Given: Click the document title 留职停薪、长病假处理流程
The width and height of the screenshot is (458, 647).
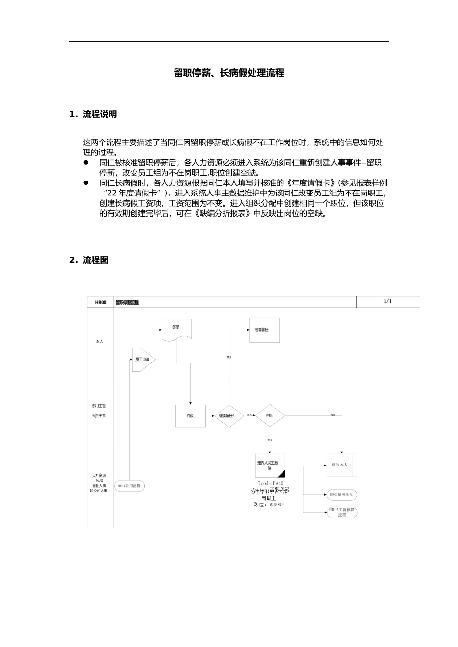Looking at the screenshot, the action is tap(229, 73).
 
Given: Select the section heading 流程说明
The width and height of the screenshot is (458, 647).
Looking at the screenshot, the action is tap(99, 115).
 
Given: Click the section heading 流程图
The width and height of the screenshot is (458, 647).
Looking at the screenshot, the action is tap(95, 260).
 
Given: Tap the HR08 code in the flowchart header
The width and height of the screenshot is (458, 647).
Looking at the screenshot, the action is tap(100, 302).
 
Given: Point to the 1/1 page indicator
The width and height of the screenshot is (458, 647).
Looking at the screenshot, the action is tap(388, 301).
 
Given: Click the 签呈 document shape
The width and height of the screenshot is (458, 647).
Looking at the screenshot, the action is tap(176, 329).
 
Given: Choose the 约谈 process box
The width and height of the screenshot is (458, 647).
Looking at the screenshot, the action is tap(190, 416).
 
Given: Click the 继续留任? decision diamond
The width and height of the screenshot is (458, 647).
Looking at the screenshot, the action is tap(229, 416).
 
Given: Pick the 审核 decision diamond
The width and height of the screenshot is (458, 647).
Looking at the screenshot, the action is tap(270, 415).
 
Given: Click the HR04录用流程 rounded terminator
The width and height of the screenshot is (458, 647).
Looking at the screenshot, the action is tap(129, 486).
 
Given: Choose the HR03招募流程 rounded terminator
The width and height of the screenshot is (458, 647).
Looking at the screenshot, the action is tap(342, 494).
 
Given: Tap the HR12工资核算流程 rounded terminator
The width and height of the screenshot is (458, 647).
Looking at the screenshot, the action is tap(342, 512).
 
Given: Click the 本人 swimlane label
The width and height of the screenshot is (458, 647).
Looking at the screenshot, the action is tap(99, 342).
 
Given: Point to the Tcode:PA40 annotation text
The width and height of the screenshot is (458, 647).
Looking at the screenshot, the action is tap(270, 483).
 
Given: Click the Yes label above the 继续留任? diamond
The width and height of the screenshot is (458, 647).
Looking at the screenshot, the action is tap(229, 357).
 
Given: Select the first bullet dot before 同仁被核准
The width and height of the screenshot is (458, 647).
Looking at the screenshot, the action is tap(86, 163).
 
